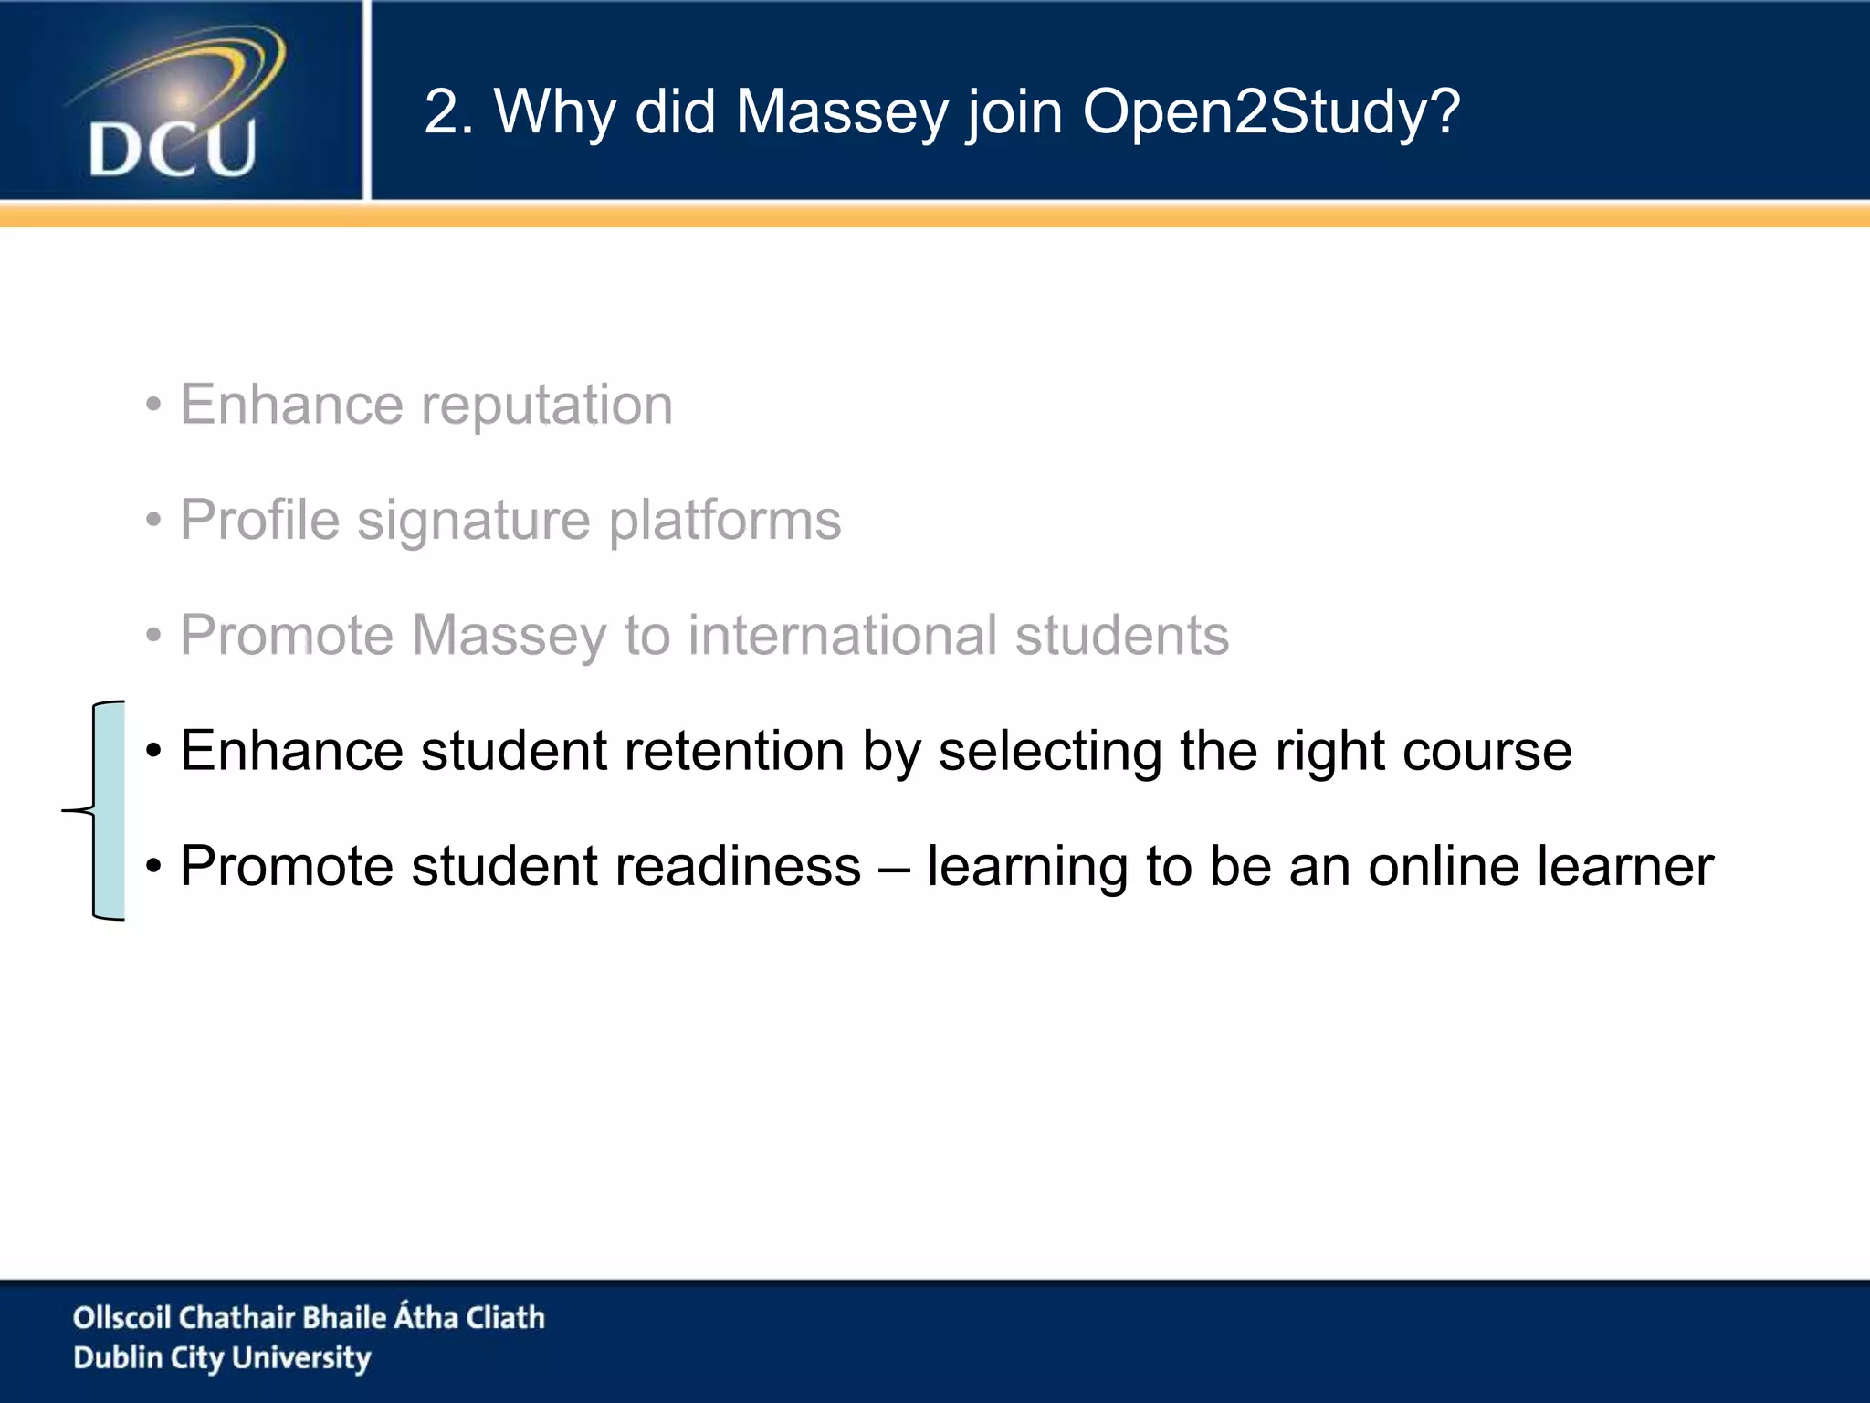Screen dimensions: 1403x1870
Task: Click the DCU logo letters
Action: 173,149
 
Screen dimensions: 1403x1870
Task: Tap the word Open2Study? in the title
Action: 1270,112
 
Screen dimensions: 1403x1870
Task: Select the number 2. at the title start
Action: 448,112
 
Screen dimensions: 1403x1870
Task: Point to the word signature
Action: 474,521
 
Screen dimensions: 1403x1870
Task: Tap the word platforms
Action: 725,521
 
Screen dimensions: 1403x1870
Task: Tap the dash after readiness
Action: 894,868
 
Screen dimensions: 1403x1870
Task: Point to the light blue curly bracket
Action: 108,810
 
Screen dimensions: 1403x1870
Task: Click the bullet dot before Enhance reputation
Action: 153,406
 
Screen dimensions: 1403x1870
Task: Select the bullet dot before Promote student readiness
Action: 153,867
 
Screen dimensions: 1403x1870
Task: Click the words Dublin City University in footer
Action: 222,1358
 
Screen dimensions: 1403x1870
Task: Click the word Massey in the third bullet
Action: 509,635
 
